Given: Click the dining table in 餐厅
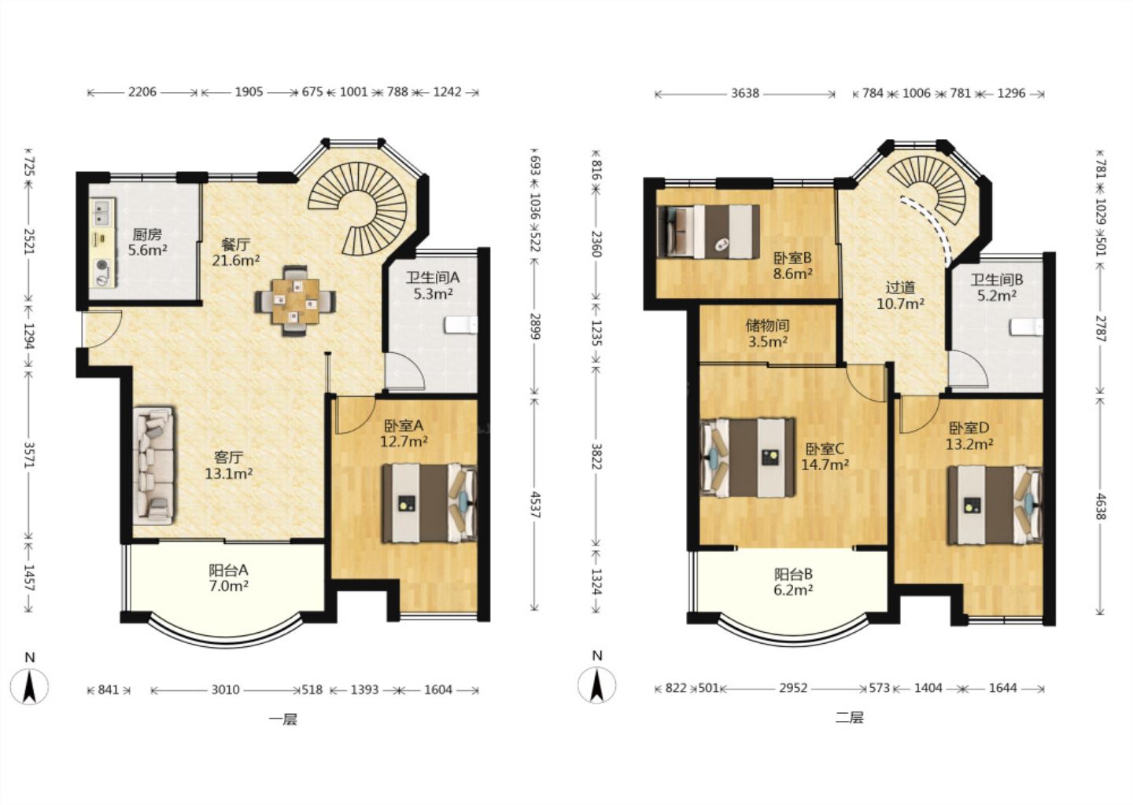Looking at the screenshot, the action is click(295, 301).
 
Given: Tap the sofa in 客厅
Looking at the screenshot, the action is click(153, 465).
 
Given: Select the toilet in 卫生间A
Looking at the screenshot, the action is click(461, 325).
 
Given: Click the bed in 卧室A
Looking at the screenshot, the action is click(429, 504).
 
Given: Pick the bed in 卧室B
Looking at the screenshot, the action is click(707, 231).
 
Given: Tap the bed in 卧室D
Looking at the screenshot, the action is click(995, 505).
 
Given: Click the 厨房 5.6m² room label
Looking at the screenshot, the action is click(147, 242).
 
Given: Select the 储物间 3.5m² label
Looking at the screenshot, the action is click(767, 333).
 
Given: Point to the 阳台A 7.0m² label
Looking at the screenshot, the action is click(228, 578).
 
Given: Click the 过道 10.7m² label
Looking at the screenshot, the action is click(900, 295).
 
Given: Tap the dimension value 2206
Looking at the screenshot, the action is click(142, 92).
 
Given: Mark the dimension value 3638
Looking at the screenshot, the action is click(745, 94).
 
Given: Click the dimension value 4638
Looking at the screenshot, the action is click(1102, 506).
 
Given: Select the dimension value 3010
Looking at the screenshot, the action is click(225, 689).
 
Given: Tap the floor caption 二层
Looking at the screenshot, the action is click(849, 718).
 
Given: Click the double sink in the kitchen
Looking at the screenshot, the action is click(102, 211).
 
